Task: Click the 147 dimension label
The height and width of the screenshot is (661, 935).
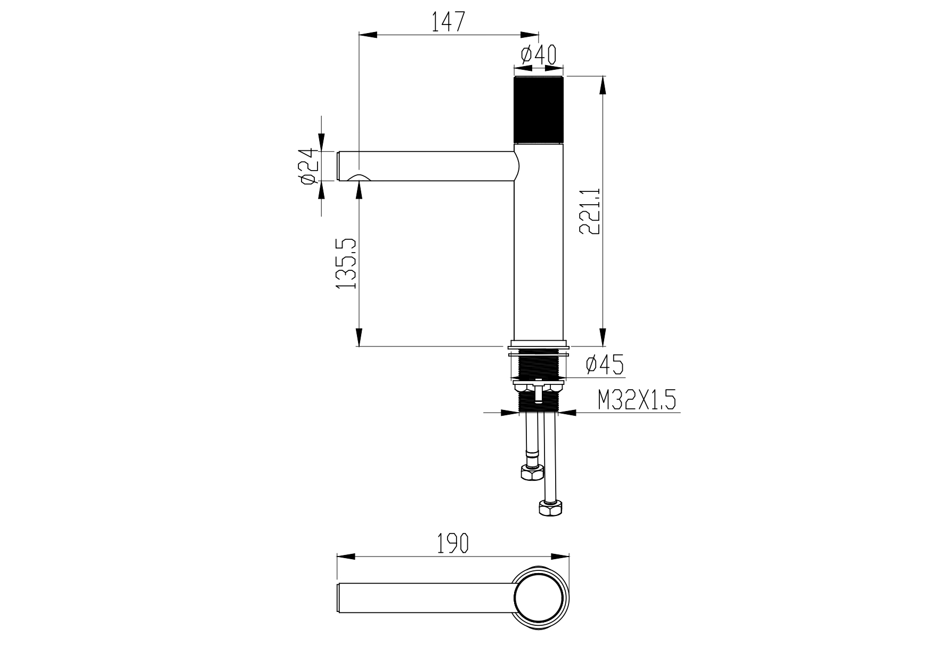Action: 448,21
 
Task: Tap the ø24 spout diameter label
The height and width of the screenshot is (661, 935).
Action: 310,166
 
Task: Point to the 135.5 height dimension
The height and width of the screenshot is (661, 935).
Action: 346,264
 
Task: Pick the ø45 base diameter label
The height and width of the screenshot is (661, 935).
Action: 605,365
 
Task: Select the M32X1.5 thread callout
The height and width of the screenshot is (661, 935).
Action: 637,400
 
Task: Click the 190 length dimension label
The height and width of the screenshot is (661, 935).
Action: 453,543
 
